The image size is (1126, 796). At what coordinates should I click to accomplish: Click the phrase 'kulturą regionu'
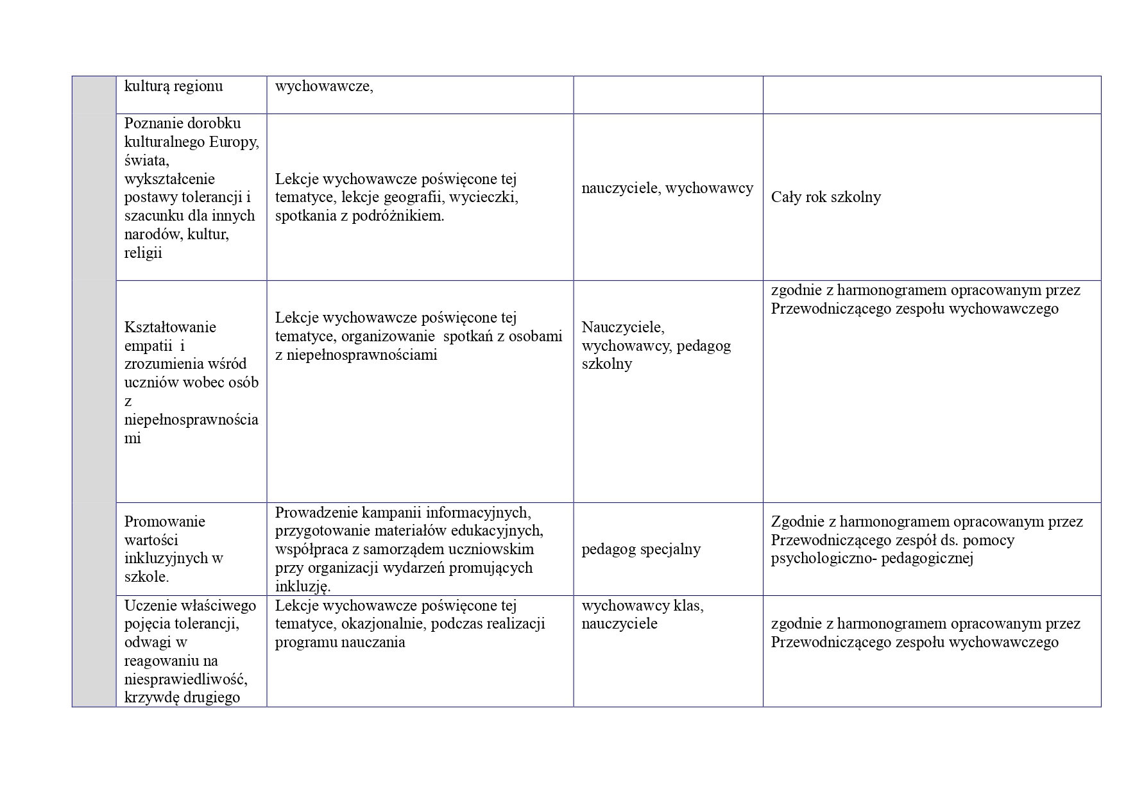click(173, 86)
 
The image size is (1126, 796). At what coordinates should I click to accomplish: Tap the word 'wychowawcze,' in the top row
click(324, 86)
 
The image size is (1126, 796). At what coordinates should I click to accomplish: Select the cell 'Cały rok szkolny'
click(826, 197)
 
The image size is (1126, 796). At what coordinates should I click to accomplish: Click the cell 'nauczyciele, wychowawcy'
click(667, 188)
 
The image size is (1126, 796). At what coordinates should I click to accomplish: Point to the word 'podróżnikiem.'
click(398, 216)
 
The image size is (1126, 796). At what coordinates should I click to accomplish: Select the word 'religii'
click(143, 253)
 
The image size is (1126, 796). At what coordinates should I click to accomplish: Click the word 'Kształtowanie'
click(170, 327)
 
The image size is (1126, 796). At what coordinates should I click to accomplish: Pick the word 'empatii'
click(148, 346)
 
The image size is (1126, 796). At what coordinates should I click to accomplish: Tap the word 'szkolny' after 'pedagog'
click(606, 364)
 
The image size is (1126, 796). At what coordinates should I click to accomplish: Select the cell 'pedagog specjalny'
click(641, 549)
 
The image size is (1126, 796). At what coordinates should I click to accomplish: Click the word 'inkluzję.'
click(303, 586)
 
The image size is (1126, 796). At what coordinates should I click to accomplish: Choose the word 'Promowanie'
click(165, 521)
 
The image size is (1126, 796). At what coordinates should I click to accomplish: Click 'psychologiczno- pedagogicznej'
click(872, 558)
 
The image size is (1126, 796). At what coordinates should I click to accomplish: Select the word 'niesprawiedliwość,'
click(186, 679)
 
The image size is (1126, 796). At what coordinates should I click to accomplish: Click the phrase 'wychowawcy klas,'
click(642, 605)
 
